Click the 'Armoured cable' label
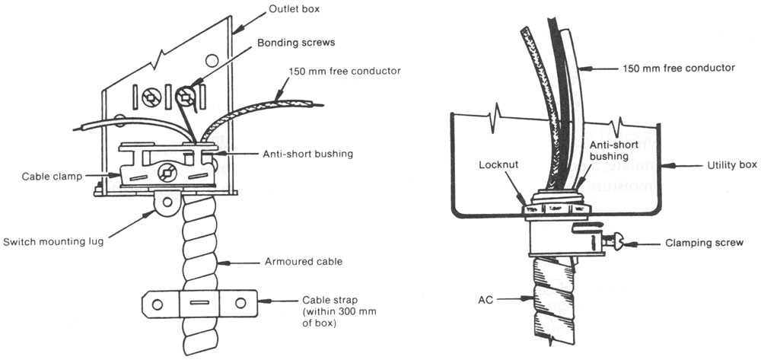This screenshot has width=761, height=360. pyautogui.click(x=292, y=261)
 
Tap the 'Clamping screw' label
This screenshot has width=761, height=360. pyautogui.click(x=712, y=244)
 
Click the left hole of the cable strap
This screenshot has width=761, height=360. pyautogui.click(x=157, y=304)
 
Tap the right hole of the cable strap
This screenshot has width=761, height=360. pyautogui.click(x=240, y=304)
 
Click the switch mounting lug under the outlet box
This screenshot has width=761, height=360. pyautogui.click(x=167, y=202)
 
